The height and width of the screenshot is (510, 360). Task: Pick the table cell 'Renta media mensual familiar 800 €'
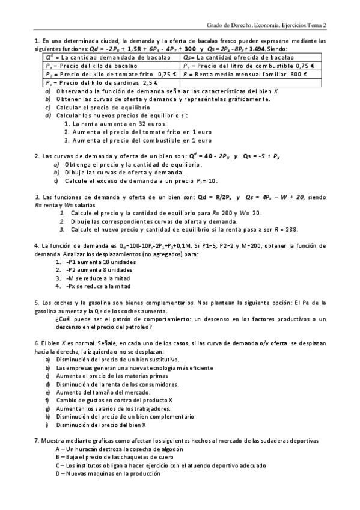click(x=252, y=74)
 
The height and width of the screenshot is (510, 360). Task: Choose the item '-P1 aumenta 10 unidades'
click(x=99, y=262)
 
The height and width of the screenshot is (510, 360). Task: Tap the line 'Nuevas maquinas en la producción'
click(x=108, y=473)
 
